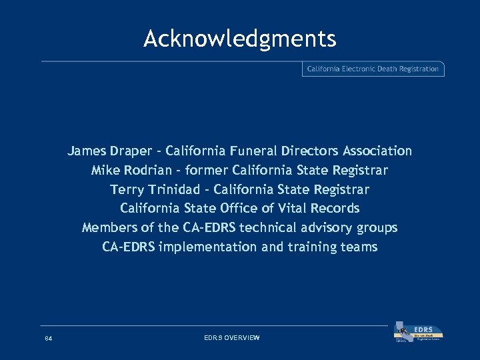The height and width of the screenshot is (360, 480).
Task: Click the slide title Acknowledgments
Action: [240, 39]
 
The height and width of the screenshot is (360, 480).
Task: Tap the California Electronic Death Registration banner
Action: [373, 69]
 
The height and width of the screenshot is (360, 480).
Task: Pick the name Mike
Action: [105, 171]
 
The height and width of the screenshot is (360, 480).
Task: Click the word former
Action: [207, 171]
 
